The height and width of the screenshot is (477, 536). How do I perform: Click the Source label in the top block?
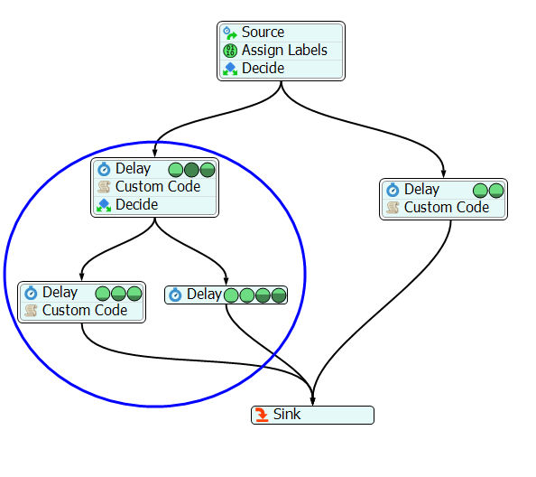(x=263, y=33)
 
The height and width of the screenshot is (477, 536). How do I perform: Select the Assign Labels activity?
(x=284, y=51)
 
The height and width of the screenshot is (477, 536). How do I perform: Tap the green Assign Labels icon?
(x=230, y=51)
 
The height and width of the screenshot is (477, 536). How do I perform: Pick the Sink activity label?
(x=287, y=415)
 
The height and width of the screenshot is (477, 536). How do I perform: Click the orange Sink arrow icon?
(x=262, y=415)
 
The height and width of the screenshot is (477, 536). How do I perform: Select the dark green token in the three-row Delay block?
(x=191, y=170)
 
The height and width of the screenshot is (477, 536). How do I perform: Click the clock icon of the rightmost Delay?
(x=393, y=190)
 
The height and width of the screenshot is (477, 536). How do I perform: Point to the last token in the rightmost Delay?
(x=496, y=191)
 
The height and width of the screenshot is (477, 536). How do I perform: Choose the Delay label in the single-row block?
(x=204, y=295)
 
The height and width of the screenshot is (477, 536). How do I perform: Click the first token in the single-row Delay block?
(x=231, y=295)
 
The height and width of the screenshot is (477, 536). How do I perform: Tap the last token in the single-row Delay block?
(x=279, y=295)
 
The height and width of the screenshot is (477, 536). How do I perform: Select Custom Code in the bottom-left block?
(x=85, y=311)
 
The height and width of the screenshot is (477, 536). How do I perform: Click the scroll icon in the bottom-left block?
(x=31, y=311)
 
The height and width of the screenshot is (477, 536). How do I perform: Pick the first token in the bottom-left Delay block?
(x=103, y=294)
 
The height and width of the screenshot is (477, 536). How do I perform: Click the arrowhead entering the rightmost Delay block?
(x=443, y=173)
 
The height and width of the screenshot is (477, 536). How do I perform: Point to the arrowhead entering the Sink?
(x=312, y=401)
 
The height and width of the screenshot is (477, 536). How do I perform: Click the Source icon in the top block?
(x=230, y=33)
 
